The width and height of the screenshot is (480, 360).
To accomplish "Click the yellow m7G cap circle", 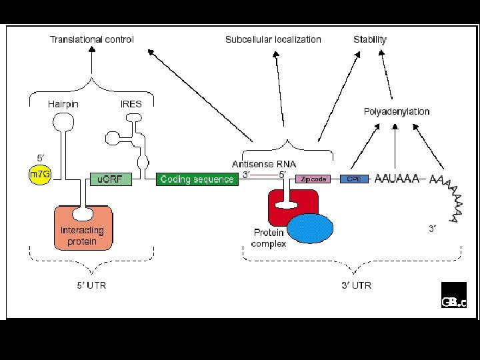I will (x=39, y=174).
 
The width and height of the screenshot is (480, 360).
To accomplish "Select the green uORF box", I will (x=111, y=179).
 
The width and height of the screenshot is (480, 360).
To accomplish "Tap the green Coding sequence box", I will (x=197, y=179).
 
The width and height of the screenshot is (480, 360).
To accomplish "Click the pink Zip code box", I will (x=313, y=179).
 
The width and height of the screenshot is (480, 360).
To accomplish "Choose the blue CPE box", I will (x=355, y=179).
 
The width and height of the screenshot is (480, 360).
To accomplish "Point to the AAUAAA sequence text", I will (x=397, y=179).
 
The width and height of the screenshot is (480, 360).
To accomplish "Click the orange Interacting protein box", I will (x=83, y=230).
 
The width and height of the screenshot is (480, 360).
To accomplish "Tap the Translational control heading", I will (x=92, y=39).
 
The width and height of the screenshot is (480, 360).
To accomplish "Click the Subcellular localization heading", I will (x=273, y=39).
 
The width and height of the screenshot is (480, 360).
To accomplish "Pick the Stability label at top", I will (x=370, y=39).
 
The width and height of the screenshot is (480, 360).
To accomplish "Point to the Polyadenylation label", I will (x=397, y=111).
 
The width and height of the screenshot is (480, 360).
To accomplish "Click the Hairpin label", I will (x=63, y=104).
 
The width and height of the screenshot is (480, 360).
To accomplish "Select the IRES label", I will (x=131, y=104).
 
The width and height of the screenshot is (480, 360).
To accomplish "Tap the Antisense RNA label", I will (x=264, y=163).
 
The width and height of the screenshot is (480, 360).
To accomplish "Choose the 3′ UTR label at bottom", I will (x=356, y=285).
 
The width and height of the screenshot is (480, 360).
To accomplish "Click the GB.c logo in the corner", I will (x=453, y=295).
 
